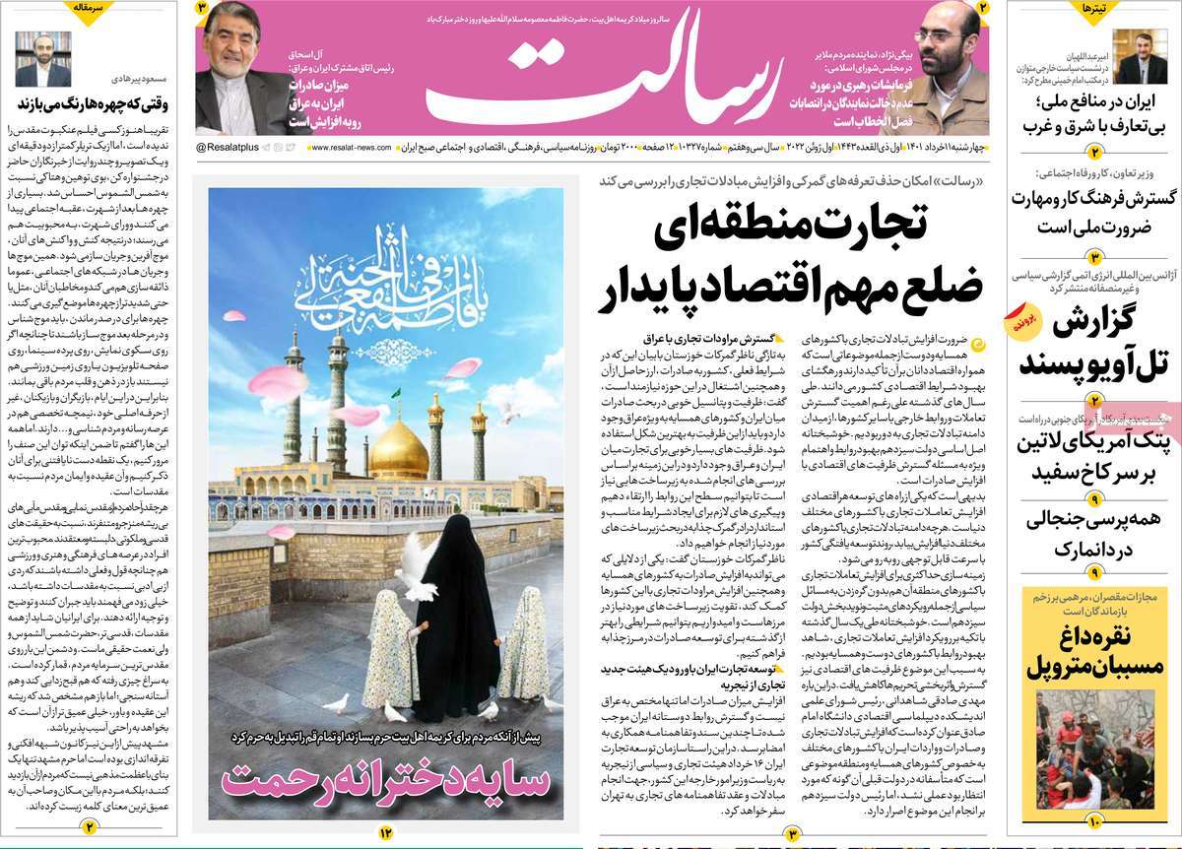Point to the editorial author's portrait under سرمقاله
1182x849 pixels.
pyautogui.click(x=43, y=59)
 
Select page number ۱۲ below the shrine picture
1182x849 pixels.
pyautogui.click(x=385, y=833)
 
